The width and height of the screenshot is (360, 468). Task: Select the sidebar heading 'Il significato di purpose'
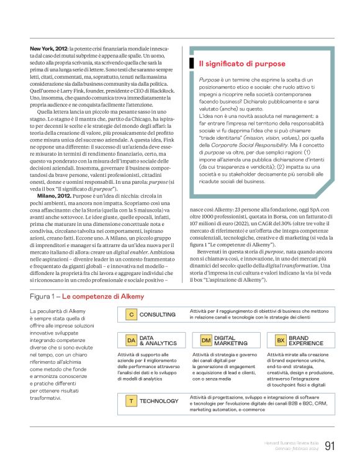242,64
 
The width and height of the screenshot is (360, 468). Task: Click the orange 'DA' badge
131,340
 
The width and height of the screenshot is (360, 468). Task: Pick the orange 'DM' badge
206,340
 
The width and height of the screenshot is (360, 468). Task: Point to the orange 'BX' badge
281,340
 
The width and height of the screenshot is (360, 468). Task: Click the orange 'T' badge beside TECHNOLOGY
131,402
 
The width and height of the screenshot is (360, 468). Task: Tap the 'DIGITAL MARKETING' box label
230,340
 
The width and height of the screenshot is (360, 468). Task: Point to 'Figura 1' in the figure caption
44,297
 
